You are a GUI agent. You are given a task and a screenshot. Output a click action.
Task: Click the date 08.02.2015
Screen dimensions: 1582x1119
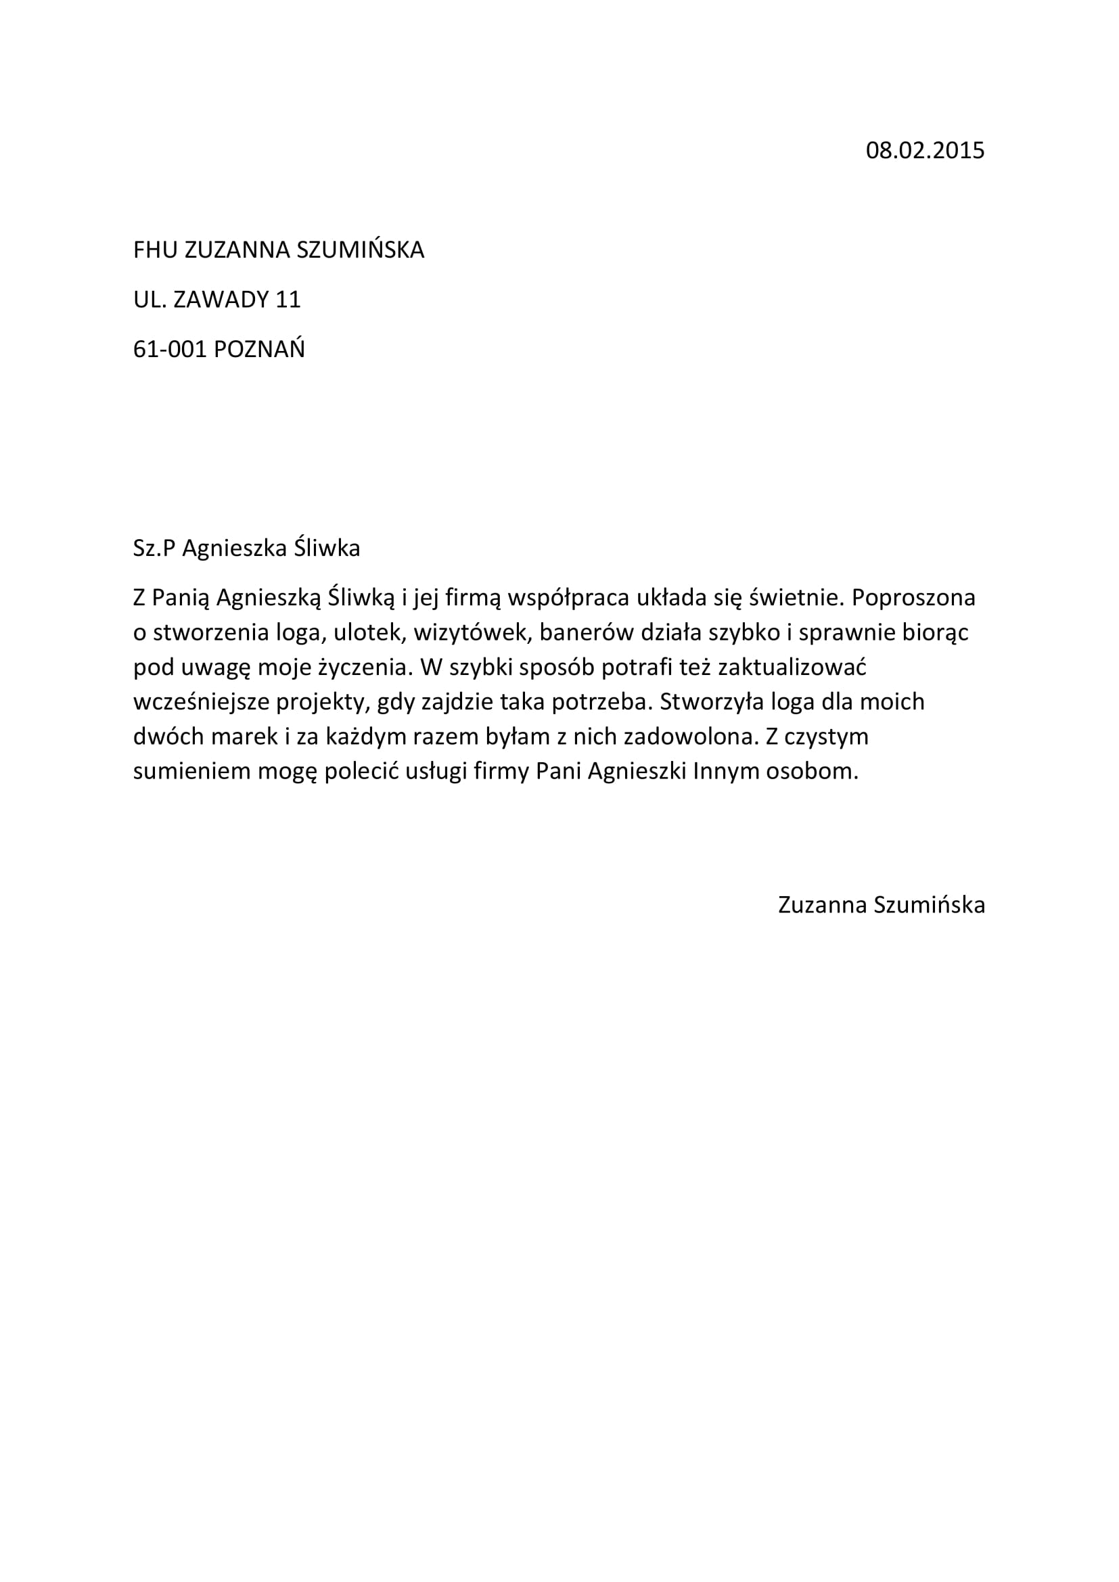925,150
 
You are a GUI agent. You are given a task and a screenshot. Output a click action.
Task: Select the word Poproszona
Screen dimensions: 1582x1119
913,597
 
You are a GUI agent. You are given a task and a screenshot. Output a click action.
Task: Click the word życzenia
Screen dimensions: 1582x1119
361,667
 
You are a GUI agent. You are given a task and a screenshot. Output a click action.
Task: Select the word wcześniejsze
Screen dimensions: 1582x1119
200,701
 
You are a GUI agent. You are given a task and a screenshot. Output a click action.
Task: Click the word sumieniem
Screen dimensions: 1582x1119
191,771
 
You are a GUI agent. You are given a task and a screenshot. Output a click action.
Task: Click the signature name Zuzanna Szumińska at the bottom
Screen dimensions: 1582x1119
882,905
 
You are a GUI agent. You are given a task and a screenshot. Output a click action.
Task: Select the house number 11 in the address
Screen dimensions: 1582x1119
288,300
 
